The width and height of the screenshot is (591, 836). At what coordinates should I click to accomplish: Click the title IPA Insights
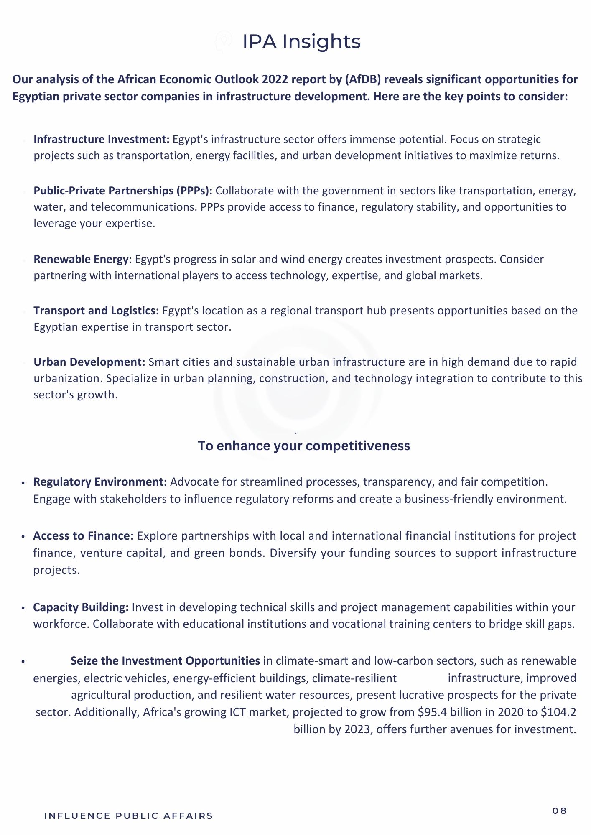click(301, 41)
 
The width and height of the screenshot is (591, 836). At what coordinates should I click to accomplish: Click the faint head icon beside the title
click(224, 41)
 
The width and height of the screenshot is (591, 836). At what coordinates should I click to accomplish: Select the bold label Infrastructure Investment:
click(102, 139)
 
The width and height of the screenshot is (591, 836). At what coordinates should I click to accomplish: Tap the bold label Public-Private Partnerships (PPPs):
click(123, 191)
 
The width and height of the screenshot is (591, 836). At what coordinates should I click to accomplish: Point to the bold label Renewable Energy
click(81, 259)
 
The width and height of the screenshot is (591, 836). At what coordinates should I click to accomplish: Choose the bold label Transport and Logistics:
click(96, 311)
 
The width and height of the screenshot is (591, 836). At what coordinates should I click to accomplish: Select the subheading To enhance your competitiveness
click(304, 446)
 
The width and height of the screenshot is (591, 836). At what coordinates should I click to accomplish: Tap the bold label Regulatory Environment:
click(100, 482)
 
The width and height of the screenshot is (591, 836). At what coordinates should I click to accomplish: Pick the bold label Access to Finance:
click(83, 536)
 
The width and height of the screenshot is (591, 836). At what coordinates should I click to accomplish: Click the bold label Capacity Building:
click(81, 607)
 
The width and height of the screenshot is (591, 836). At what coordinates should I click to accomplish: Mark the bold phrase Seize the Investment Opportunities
click(165, 661)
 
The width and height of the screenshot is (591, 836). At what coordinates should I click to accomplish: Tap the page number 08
click(559, 811)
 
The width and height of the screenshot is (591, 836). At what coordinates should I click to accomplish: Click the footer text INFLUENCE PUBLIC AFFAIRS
click(128, 816)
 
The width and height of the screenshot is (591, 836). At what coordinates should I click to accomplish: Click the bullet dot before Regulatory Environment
click(23, 483)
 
